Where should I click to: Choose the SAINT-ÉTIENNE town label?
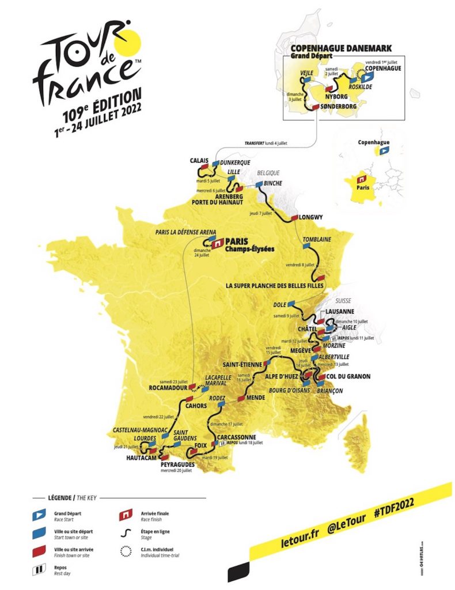tap(242, 365)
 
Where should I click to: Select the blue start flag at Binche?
tap(259, 184)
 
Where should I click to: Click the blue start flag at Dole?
tap(291, 304)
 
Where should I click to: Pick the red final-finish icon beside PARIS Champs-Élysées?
tap(217, 244)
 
